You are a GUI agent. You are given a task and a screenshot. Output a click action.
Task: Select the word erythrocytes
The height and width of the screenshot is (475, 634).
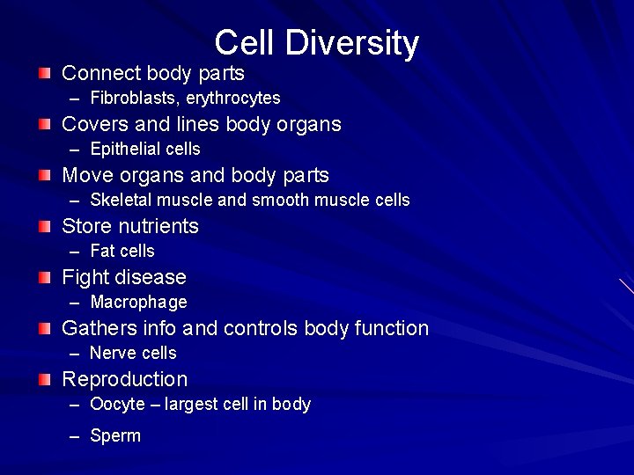[232, 98]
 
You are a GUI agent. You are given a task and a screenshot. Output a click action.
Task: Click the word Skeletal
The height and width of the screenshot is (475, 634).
[120, 200]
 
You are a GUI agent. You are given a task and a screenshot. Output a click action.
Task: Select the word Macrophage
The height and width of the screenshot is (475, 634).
[138, 303]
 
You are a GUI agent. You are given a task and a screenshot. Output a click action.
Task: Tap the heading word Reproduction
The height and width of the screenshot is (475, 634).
[124, 379]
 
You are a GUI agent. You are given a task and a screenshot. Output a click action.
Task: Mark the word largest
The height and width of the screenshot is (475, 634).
[195, 405]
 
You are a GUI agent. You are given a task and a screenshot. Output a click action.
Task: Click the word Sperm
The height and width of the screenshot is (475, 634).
[115, 435]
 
